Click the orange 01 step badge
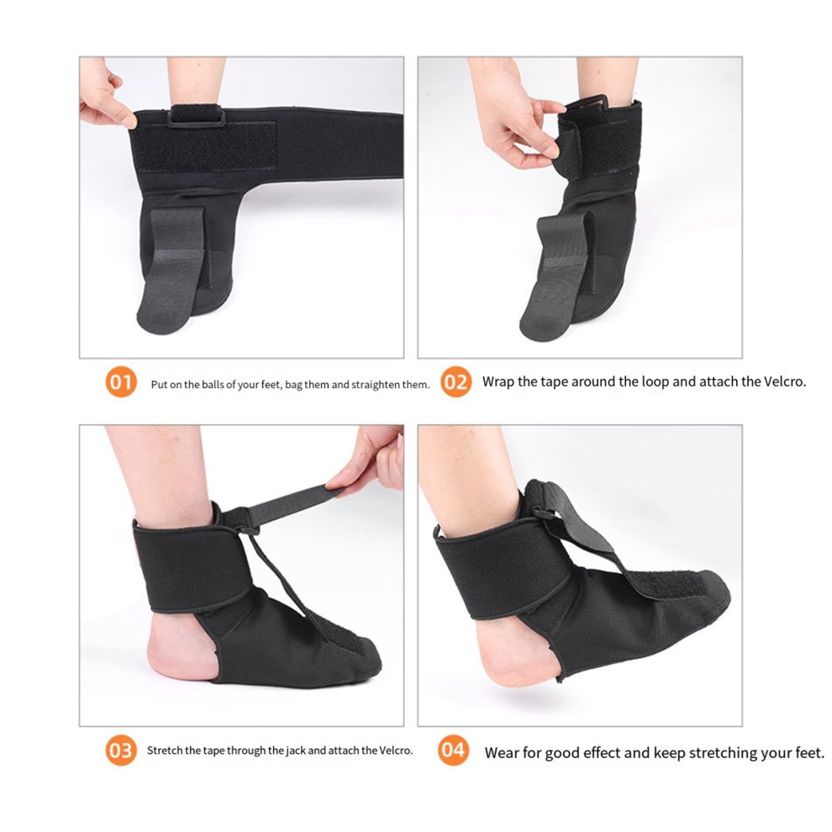tap(121, 383)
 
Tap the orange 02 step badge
tap(455, 382)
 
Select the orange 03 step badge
tap(121, 750)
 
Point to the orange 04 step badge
tap(454, 750)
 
